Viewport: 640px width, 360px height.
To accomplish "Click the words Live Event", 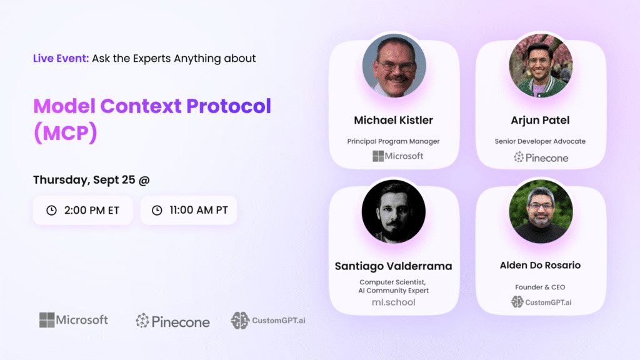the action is [61, 58].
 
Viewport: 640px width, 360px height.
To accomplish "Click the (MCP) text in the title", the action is [65, 132].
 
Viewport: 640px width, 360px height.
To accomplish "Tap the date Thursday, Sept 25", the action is [84, 180].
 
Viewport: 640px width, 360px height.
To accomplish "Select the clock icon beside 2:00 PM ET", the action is [51, 210].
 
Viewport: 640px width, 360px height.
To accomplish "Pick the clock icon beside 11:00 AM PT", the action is [157, 210].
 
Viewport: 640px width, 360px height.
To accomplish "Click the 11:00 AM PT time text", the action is [199, 210].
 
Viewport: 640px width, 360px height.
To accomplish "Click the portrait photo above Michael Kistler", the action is [394, 65].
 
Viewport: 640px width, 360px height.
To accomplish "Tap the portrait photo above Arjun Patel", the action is [541, 65].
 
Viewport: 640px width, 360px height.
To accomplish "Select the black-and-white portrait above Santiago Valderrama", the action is [394, 211].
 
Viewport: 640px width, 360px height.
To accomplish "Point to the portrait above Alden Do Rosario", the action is [541, 211].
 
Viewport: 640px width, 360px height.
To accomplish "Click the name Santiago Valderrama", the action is [394, 266].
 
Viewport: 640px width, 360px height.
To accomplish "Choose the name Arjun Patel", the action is [540, 121].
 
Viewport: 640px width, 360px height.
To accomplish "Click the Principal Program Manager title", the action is [394, 141].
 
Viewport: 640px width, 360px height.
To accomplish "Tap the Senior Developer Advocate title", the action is [540, 141].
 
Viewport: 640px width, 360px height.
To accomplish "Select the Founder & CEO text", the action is [540, 287].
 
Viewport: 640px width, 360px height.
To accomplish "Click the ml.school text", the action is [394, 302].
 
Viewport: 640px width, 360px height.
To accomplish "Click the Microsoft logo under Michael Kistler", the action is [398, 156].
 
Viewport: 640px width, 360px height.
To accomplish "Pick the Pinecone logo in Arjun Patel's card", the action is [541, 157].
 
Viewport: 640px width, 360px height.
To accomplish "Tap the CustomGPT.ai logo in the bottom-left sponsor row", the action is [268, 321].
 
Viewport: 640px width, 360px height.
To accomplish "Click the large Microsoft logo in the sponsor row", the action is [74, 320].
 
